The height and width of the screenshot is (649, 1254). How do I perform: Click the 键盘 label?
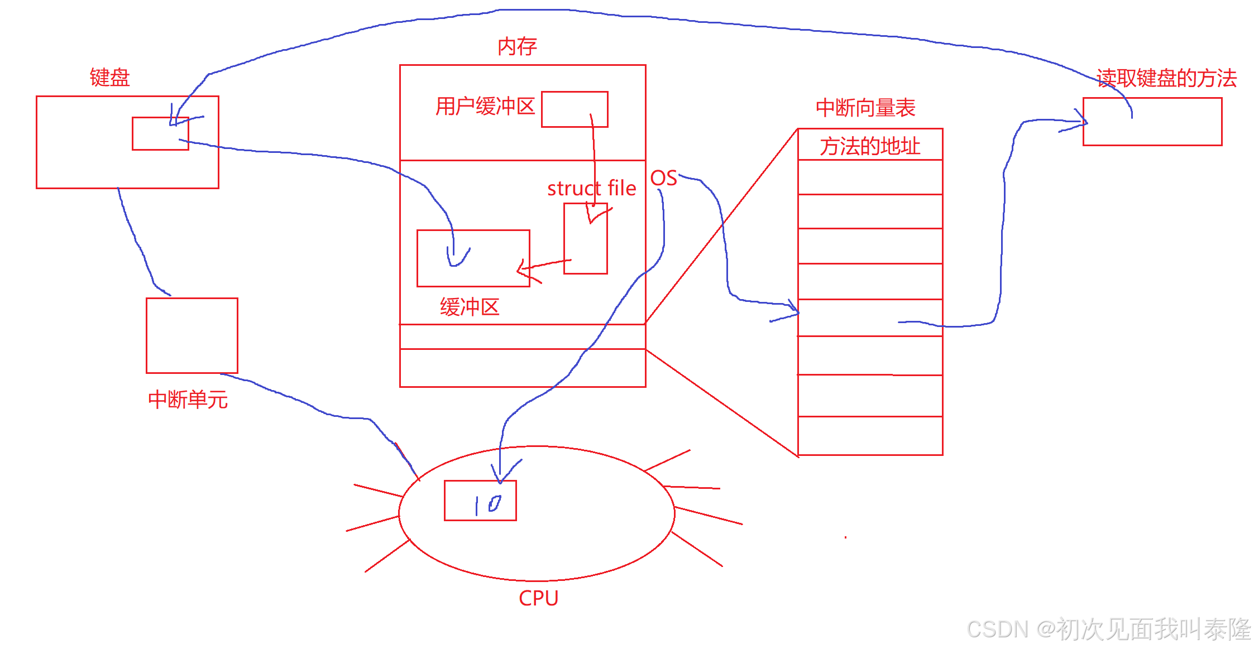109,78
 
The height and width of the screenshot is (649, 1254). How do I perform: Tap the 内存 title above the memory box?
517,46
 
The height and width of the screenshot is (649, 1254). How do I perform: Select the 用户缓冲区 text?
485,106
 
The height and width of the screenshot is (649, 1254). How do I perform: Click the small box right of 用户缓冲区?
574,109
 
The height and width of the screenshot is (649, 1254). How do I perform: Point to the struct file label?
591,189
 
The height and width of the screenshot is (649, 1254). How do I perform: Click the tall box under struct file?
585,239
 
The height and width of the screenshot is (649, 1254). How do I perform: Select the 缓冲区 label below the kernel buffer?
469,307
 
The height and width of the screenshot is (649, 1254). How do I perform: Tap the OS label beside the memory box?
663,178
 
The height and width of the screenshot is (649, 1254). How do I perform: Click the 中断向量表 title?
865,108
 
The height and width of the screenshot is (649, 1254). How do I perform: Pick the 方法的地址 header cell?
869,146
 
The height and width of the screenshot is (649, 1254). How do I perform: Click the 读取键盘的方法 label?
1166,78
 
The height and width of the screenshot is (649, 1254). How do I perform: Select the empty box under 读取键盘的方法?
1152,122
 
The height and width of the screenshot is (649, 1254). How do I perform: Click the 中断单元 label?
188,400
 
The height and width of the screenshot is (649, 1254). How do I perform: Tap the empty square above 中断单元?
192,335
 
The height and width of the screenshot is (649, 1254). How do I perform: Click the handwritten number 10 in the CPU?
488,504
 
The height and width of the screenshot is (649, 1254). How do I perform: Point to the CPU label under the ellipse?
538,598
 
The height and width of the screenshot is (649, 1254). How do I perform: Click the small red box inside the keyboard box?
160,134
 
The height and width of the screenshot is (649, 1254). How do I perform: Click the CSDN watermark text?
1108,629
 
